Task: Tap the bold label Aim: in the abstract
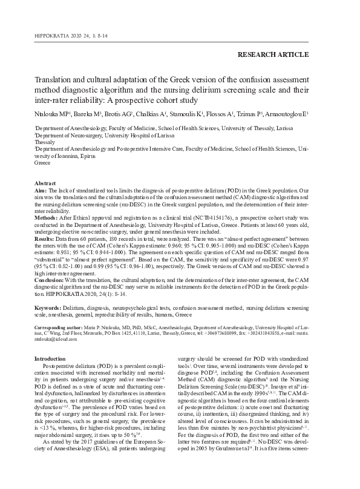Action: click(41, 189)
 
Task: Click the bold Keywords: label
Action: click(51, 308)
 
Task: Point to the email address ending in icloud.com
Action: click(53, 340)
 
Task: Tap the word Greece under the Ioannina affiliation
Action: click(43, 163)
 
